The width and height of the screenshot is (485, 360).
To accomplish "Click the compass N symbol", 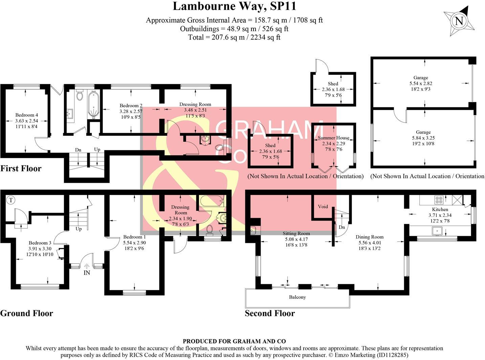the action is (x=459, y=21).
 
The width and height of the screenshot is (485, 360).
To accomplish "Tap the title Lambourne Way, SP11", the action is (x=234, y=6).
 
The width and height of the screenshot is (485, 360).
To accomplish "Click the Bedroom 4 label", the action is (x=27, y=115).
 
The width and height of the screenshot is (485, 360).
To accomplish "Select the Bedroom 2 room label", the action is (x=131, y=106).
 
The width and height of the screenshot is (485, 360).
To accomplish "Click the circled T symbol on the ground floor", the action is (x=11, y=200).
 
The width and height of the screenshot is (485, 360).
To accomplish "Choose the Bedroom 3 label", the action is (x=40, y=243).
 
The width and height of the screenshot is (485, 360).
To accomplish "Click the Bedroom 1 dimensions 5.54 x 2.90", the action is (x=134, y=243).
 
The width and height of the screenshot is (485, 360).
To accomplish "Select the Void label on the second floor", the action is (x=323, y=206).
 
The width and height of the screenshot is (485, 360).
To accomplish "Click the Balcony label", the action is (x=297, y=297).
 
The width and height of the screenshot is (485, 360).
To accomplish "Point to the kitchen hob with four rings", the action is (x=439, y=200).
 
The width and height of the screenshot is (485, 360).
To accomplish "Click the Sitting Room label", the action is (x=296, y=233).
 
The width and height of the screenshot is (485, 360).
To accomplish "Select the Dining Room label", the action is (x=369, y=237).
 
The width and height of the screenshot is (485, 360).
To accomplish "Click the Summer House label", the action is (x=333, y=138).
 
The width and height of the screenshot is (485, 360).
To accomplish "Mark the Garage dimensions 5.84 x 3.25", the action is (x=423, y=138).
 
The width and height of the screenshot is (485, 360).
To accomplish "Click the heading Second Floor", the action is (x=269, y=313).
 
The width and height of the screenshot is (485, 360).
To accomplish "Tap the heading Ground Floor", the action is (x=26, y=313).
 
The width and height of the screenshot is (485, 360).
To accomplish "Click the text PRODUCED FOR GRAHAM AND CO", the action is (x=234, y=341).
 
